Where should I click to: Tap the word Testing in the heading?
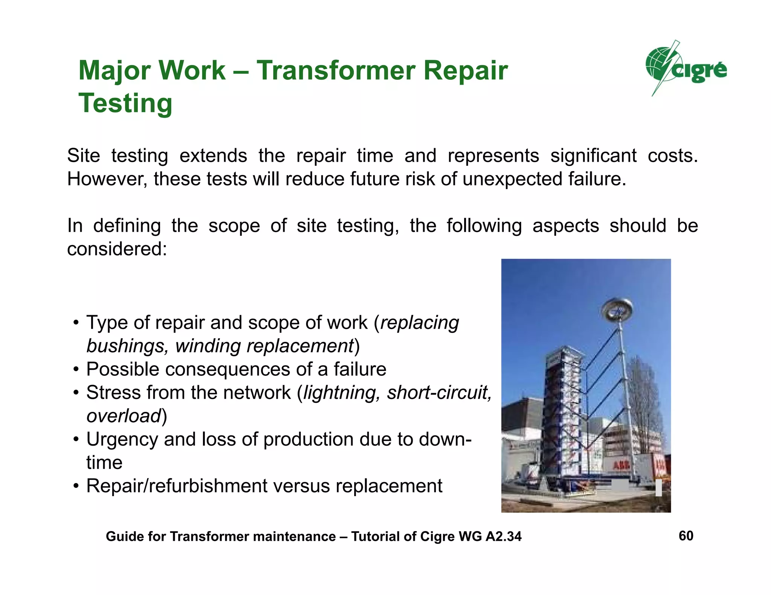(125, 103)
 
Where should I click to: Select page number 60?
(686, 536)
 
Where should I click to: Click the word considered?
(117, 249)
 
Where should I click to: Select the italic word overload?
(124, 416)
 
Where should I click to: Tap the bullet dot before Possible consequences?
(76, 370)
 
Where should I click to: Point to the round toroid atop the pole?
(617, 309)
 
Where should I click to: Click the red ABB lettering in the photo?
(621, 466)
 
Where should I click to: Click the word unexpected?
(513, 179)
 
